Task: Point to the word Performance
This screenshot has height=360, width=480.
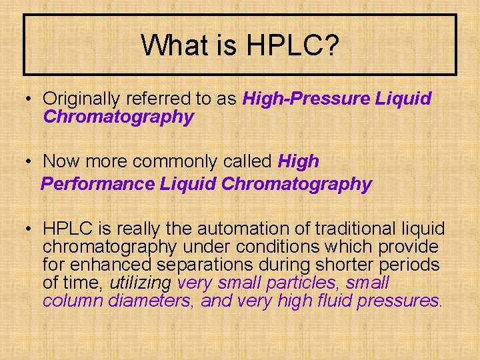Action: [x=97, y=184]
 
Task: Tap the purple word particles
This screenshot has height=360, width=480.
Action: [x=304, y=283]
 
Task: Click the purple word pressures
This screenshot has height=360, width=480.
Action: [x=398, y=301]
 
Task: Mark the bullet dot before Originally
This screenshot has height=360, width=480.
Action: [x=30, y=99]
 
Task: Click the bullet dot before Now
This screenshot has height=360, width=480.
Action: [x=30, y=162]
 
